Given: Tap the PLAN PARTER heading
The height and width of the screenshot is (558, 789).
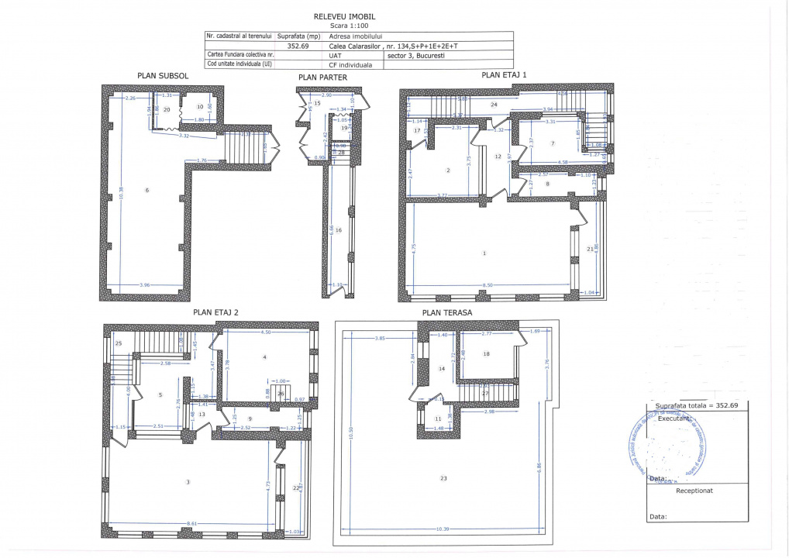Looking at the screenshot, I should (322, 77).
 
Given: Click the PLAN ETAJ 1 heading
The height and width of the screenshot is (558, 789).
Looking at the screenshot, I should (504, 75).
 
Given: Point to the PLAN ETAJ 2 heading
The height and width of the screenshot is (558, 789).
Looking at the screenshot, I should (215, 312).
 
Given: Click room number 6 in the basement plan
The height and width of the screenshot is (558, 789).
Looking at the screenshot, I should (147, 190).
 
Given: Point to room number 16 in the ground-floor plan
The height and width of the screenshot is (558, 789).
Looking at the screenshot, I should (339, 229).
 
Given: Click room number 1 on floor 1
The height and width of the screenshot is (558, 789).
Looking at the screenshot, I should (484, 253).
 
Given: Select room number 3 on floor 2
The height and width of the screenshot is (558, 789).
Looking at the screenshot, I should (188, 482).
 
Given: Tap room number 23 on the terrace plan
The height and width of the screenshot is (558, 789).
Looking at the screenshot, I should (444, 478).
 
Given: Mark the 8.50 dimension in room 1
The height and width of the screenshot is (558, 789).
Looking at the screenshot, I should (488, 285).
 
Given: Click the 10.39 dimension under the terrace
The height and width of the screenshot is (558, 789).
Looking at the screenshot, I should (443, 529).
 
